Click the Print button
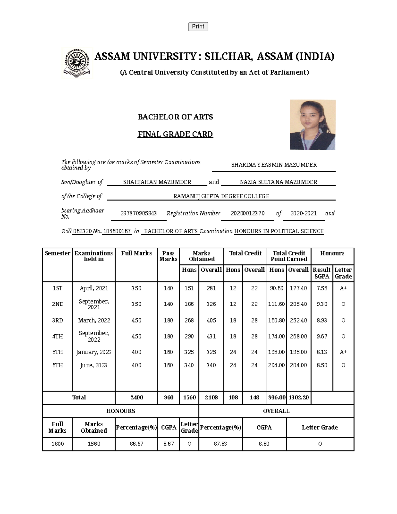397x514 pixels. coord(198,26)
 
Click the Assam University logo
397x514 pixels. coord(77,63)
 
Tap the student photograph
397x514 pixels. coord(313,125)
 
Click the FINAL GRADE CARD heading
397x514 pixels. coord(175,134)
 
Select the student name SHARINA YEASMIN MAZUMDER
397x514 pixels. coord(274,165)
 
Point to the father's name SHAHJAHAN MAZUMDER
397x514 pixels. coord(157,182)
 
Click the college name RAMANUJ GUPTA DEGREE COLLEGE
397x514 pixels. coord(221,196)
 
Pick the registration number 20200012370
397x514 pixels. coord(247,213)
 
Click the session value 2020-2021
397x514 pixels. coord(303,213)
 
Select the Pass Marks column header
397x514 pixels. coord(168,256)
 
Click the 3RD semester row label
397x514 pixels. coord(57,320)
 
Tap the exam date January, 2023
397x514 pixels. coord(94,352)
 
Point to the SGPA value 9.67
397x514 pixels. coord(322,336)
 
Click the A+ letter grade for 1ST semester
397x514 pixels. coord(343,288)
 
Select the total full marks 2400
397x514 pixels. coord(136,397)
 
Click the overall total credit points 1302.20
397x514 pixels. coord(298,397)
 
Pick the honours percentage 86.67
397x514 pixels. coord(136,444)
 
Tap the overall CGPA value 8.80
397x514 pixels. coord(264,444)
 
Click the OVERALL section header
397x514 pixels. coord(276,411)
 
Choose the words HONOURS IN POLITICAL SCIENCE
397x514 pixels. coord(279,231)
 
